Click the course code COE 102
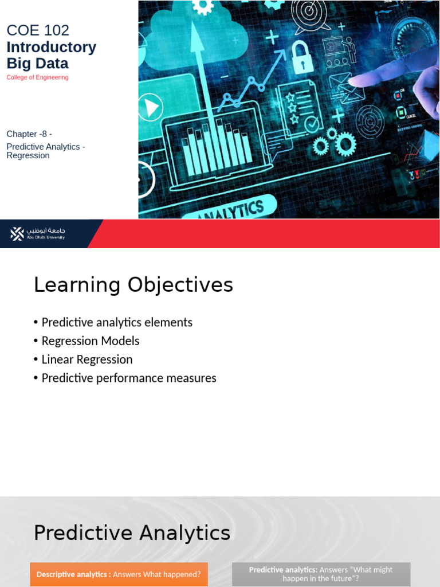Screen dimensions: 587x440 [x=38, y=30]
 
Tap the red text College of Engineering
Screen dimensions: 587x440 [x=37, y=77]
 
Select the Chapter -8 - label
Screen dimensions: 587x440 [x=29, y=134]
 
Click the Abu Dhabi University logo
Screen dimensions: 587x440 [x=38, y=233]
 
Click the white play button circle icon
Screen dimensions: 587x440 [x=151, y=107]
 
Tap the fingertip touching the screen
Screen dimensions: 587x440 [x=357, y=81]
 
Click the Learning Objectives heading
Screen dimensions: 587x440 [x=133, y=285]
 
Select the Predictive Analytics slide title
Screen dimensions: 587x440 [x=132, y=533]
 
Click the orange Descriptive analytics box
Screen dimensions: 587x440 [x=119, y=574]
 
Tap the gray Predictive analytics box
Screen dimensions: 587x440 [x=321, y=574]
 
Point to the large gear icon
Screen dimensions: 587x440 [x=345, y=143]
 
